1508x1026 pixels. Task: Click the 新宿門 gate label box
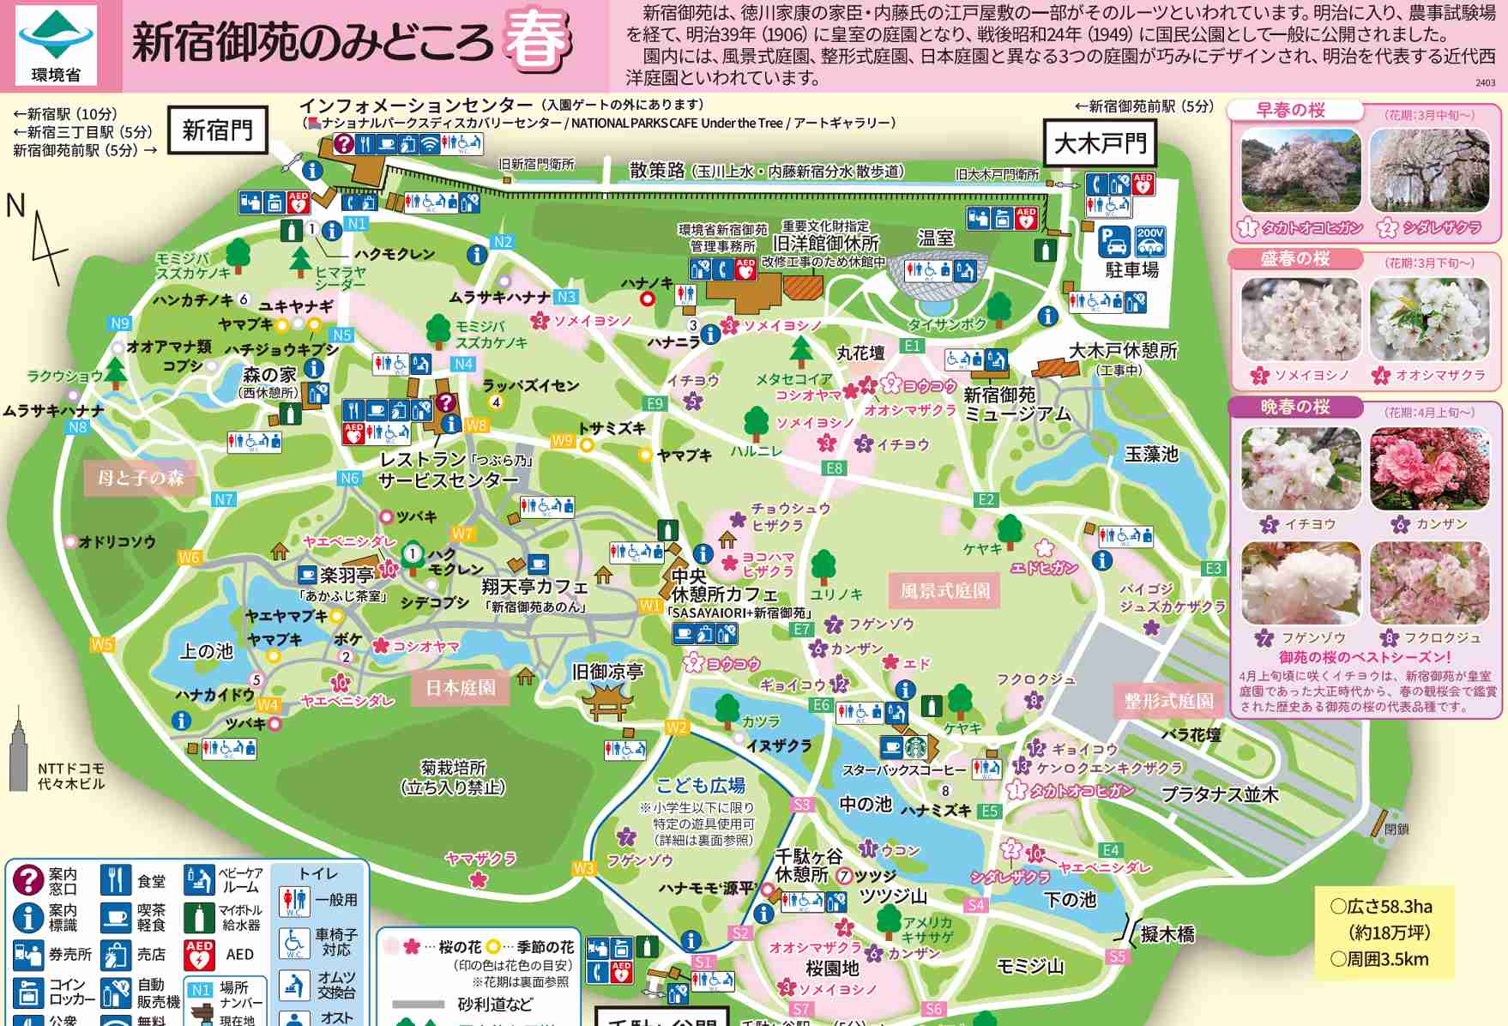click(x=218, y=130)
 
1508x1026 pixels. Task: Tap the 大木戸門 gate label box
click(x=1100, y=143)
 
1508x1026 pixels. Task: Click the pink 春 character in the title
click(x=537, y=39)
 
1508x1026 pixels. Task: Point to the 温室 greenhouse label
click(x=936, y=238)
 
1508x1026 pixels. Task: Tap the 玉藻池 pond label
click(x=1151, y=454)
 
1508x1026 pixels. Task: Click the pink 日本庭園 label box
click(x=461, y=688)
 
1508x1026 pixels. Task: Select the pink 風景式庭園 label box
click(x=944, y=590)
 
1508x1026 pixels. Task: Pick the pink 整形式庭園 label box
click(x=1168, y=701)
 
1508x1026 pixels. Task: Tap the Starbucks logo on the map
click(x=915, y=746)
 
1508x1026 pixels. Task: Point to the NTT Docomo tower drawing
click(x=19, y=750)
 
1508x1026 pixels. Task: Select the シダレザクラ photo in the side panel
click(x=1429, y=171)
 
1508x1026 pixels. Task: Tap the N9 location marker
click(x=120, y=323)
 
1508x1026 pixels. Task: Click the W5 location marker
click(x=102, y=644)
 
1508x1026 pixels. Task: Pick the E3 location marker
click(x=1213, y=569)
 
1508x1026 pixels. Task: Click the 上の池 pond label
click(x=206, y=651)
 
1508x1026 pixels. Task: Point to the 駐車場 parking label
click(x=1131, y=270)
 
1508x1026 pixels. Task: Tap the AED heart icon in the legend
click(x=199, y=955)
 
